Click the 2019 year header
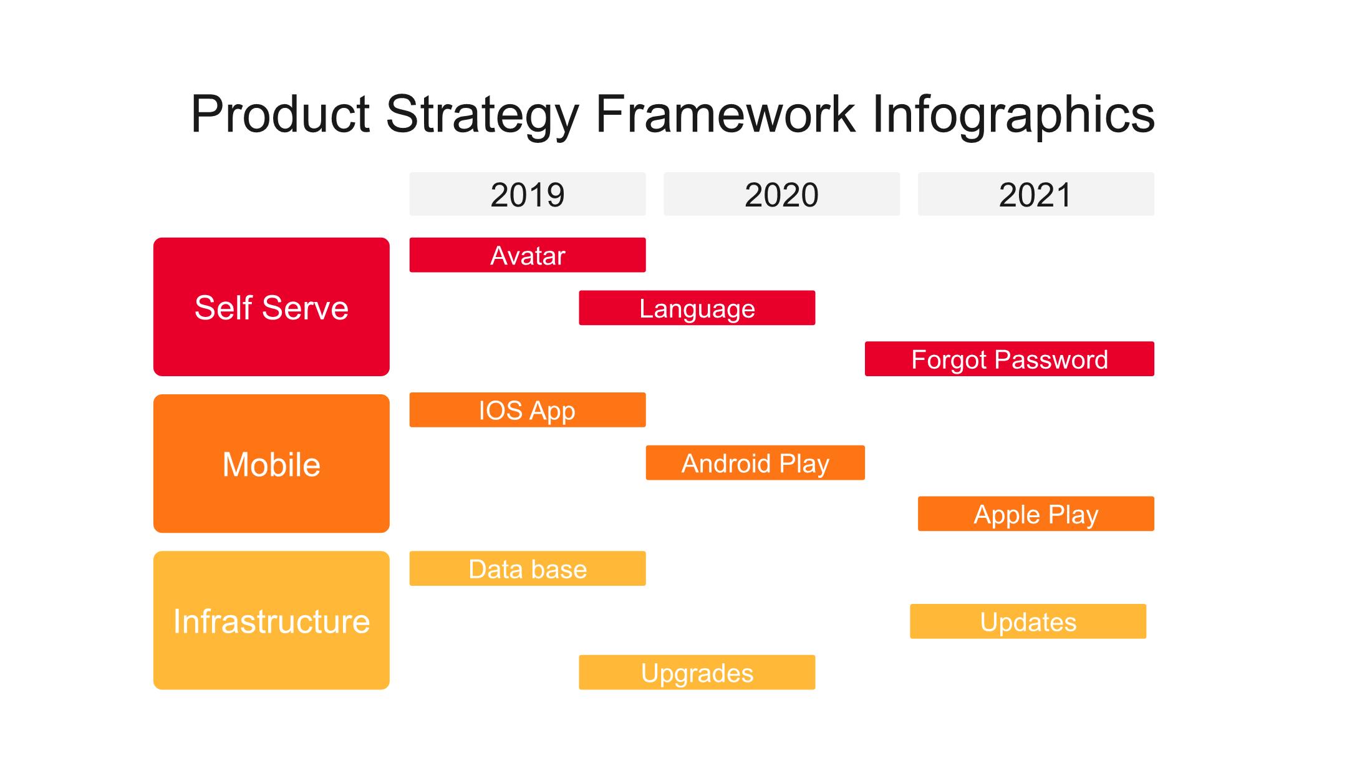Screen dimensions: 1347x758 point(528,194)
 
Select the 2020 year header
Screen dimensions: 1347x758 point(781,194)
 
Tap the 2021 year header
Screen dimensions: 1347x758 point(1036,194)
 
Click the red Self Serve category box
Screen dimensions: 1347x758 point(271,307)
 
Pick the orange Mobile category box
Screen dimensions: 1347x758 point(271,464)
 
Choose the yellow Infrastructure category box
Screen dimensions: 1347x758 point(271,620)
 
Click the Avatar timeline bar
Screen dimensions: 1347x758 point(528,255)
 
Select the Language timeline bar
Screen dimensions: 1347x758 point(697,308)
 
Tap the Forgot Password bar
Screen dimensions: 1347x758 point(1010,359)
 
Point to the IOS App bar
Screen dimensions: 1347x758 point(528,410)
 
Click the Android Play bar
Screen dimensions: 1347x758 point(755,463)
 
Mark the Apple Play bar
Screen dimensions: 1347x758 point(1036,513)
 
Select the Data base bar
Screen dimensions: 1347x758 point(528,568)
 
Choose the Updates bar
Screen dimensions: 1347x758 point(1028,621)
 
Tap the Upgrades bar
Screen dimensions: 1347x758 point(697,672)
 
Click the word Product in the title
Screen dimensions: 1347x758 point(281,114)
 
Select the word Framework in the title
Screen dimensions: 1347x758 point(725,114)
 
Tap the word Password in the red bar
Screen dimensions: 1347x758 point(1051,360)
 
